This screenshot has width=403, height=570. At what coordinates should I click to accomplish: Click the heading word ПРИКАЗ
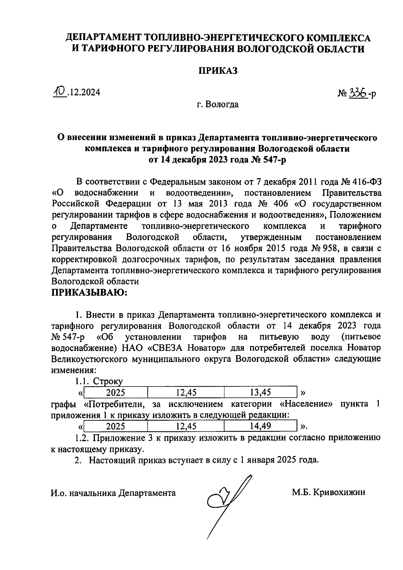tap(218, 71)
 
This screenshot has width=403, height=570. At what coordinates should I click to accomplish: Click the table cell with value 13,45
tap(261, 392)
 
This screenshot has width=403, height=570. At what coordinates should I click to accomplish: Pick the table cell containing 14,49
tap(261, 426)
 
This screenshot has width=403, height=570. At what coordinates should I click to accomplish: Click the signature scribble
tap(228, 498)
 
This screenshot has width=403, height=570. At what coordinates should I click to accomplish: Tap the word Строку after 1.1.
tap(108, 381)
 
